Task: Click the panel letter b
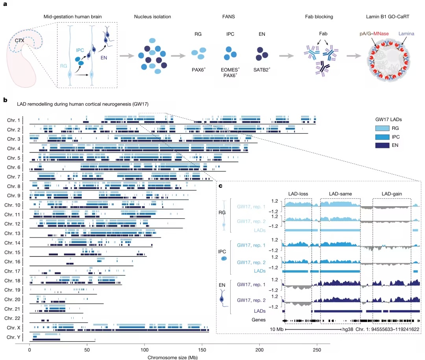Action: (x=5, y=100)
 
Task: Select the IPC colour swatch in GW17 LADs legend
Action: (x=382, y=137)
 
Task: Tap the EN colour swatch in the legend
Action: (x=382, y=145)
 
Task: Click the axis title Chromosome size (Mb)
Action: (x=172, y=357)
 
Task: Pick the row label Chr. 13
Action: (x=12, y=233)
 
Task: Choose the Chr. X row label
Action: (x=13, y=327)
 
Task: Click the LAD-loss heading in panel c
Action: (x=298, y=194)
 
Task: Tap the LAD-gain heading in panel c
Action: (x=392, y=194)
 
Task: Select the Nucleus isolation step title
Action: (x=153, y=17)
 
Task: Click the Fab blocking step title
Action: (x=319, y=17)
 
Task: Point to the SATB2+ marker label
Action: (x=262, y=70)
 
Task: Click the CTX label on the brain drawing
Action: (x=20, y=41)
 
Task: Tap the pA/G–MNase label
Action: (x=374, y=33)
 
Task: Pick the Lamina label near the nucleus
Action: (x=406, y=33)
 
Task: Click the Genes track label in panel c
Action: (x=259, y=319)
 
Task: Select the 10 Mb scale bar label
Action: (x=277, y=329)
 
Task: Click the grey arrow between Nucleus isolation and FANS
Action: (x=178, y=56)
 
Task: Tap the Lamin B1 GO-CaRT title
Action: (x=388, y=17)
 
